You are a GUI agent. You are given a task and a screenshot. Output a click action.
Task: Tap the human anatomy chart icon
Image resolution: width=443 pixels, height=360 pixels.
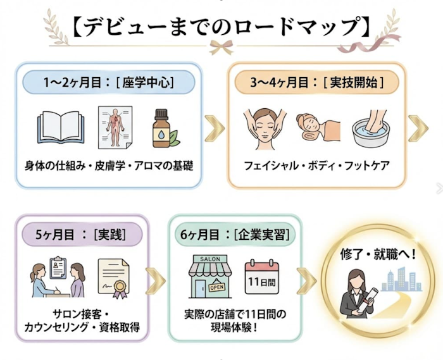click(x=115, y=127)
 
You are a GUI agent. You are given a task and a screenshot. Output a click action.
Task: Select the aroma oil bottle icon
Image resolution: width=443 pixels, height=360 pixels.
click(x=164, y=128)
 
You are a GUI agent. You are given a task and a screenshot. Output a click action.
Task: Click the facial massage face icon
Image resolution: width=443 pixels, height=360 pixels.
click(x=265, y=128)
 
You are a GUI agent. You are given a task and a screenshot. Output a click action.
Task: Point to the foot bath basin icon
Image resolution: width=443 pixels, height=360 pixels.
click(x=371, y=129)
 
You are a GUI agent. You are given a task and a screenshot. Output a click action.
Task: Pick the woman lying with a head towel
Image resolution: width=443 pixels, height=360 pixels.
click(x=318, y=127)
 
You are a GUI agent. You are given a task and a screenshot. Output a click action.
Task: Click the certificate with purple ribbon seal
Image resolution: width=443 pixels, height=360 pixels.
click(x=113, y=278)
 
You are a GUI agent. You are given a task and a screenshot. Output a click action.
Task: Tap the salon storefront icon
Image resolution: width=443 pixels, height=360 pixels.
click(x=211, y=276)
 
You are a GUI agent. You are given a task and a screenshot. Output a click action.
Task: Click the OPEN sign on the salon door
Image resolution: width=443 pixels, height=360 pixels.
click(x=217, y=287)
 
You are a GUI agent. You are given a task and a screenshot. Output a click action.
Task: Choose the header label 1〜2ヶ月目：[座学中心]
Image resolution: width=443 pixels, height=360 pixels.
click(x=109, y=82)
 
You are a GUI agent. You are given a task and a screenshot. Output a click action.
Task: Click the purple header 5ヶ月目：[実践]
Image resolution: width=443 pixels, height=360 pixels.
click(x=81, y=234)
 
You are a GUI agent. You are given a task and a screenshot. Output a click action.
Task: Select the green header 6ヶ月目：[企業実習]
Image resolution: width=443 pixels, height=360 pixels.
click(x=235, y=234)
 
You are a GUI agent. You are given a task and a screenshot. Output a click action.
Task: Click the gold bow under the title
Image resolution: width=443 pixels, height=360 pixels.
click(x=221, y=47)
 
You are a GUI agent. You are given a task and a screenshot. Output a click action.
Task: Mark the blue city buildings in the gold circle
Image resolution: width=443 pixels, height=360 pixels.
click(x=402, y=280)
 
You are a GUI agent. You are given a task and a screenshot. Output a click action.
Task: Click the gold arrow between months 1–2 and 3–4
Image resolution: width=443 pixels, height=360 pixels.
click(x=215, y=128)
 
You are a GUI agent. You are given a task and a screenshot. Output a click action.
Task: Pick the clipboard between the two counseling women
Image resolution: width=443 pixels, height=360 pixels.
click(x=58, y=268)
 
